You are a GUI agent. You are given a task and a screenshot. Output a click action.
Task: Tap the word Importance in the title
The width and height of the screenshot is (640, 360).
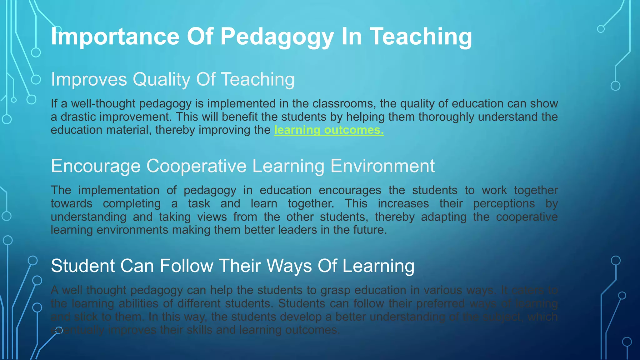click(115, 37)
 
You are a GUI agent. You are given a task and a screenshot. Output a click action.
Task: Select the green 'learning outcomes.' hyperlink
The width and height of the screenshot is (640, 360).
click(329, 130)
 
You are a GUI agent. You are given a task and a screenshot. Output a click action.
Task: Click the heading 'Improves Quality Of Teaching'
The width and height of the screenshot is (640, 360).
click(172, 79)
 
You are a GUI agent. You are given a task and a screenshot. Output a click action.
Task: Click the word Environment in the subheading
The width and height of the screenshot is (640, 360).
click(382, 166)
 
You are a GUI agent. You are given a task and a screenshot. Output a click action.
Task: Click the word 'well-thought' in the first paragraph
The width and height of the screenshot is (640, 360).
click(103, 103)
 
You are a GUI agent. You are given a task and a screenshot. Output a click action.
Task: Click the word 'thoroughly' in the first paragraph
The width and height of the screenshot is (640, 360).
click(447, 117)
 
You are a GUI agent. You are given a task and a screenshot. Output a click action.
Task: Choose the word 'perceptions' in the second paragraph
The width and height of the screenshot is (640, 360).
click(504, 204)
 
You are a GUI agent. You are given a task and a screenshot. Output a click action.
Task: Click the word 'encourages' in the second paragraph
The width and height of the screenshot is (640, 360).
click(350, 190)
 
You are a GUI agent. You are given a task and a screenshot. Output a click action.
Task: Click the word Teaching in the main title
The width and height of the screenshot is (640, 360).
click(421, 37)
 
